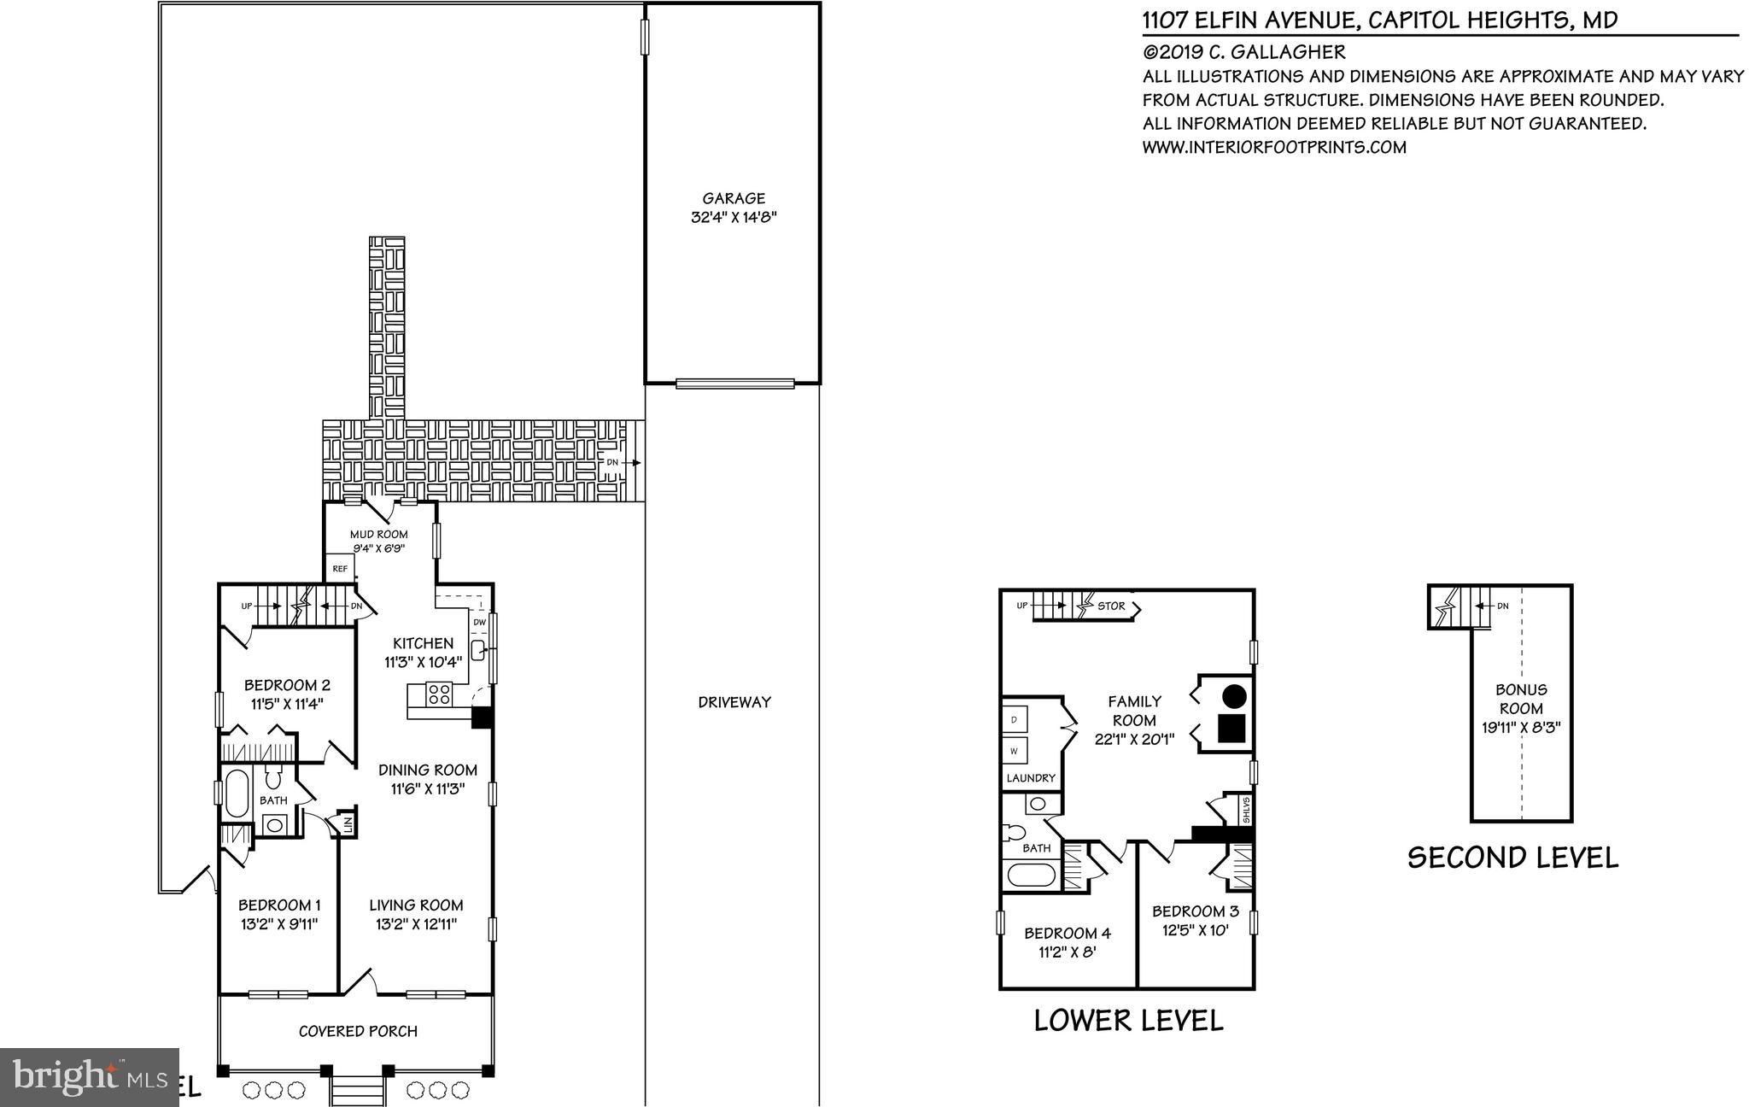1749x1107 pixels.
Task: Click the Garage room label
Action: [733, 198]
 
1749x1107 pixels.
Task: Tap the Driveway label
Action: [734, 702]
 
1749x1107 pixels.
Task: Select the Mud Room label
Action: [379, 534]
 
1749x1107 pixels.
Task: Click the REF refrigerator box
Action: [339, 567]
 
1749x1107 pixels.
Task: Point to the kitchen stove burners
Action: [439, 694]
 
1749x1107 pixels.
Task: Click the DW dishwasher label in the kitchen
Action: [479, 623]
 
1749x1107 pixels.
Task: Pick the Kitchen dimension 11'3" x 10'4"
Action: [423, 661]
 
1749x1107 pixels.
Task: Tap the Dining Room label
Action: [427, 770]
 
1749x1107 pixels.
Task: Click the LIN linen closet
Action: [347, 823]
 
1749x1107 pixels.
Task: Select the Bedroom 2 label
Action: [287, 685]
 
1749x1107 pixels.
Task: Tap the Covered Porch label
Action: [358, 1031]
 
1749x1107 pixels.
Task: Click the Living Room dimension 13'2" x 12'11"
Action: [417, 924]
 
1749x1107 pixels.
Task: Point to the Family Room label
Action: [1134, 711]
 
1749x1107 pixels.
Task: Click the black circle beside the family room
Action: [1232, 696]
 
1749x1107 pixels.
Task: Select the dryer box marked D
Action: [1015, 720]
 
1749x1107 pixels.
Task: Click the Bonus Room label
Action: [1521, 699]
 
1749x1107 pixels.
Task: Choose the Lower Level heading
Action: [1128, 1020]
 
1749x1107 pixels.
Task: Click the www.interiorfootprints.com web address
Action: [1274, 147]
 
